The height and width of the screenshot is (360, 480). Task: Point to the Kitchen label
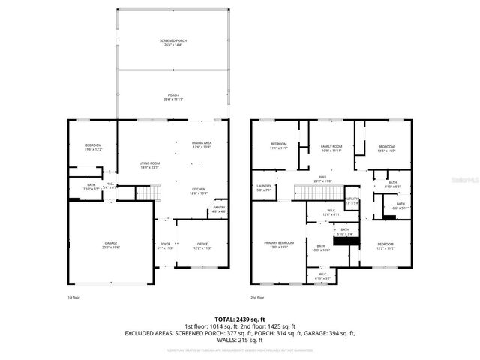[199, 190]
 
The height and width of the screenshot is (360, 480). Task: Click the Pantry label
[220, 210]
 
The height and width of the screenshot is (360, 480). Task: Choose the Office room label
[202, 246]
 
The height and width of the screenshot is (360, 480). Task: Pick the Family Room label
[331, 148]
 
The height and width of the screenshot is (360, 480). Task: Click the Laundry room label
[263, 188]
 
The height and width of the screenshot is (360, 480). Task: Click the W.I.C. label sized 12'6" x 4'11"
[331, 212]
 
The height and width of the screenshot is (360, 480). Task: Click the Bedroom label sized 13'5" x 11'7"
[386, 148]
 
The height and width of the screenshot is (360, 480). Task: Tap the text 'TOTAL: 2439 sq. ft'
[239, 319]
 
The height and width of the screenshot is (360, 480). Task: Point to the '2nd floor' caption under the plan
[259, 297]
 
